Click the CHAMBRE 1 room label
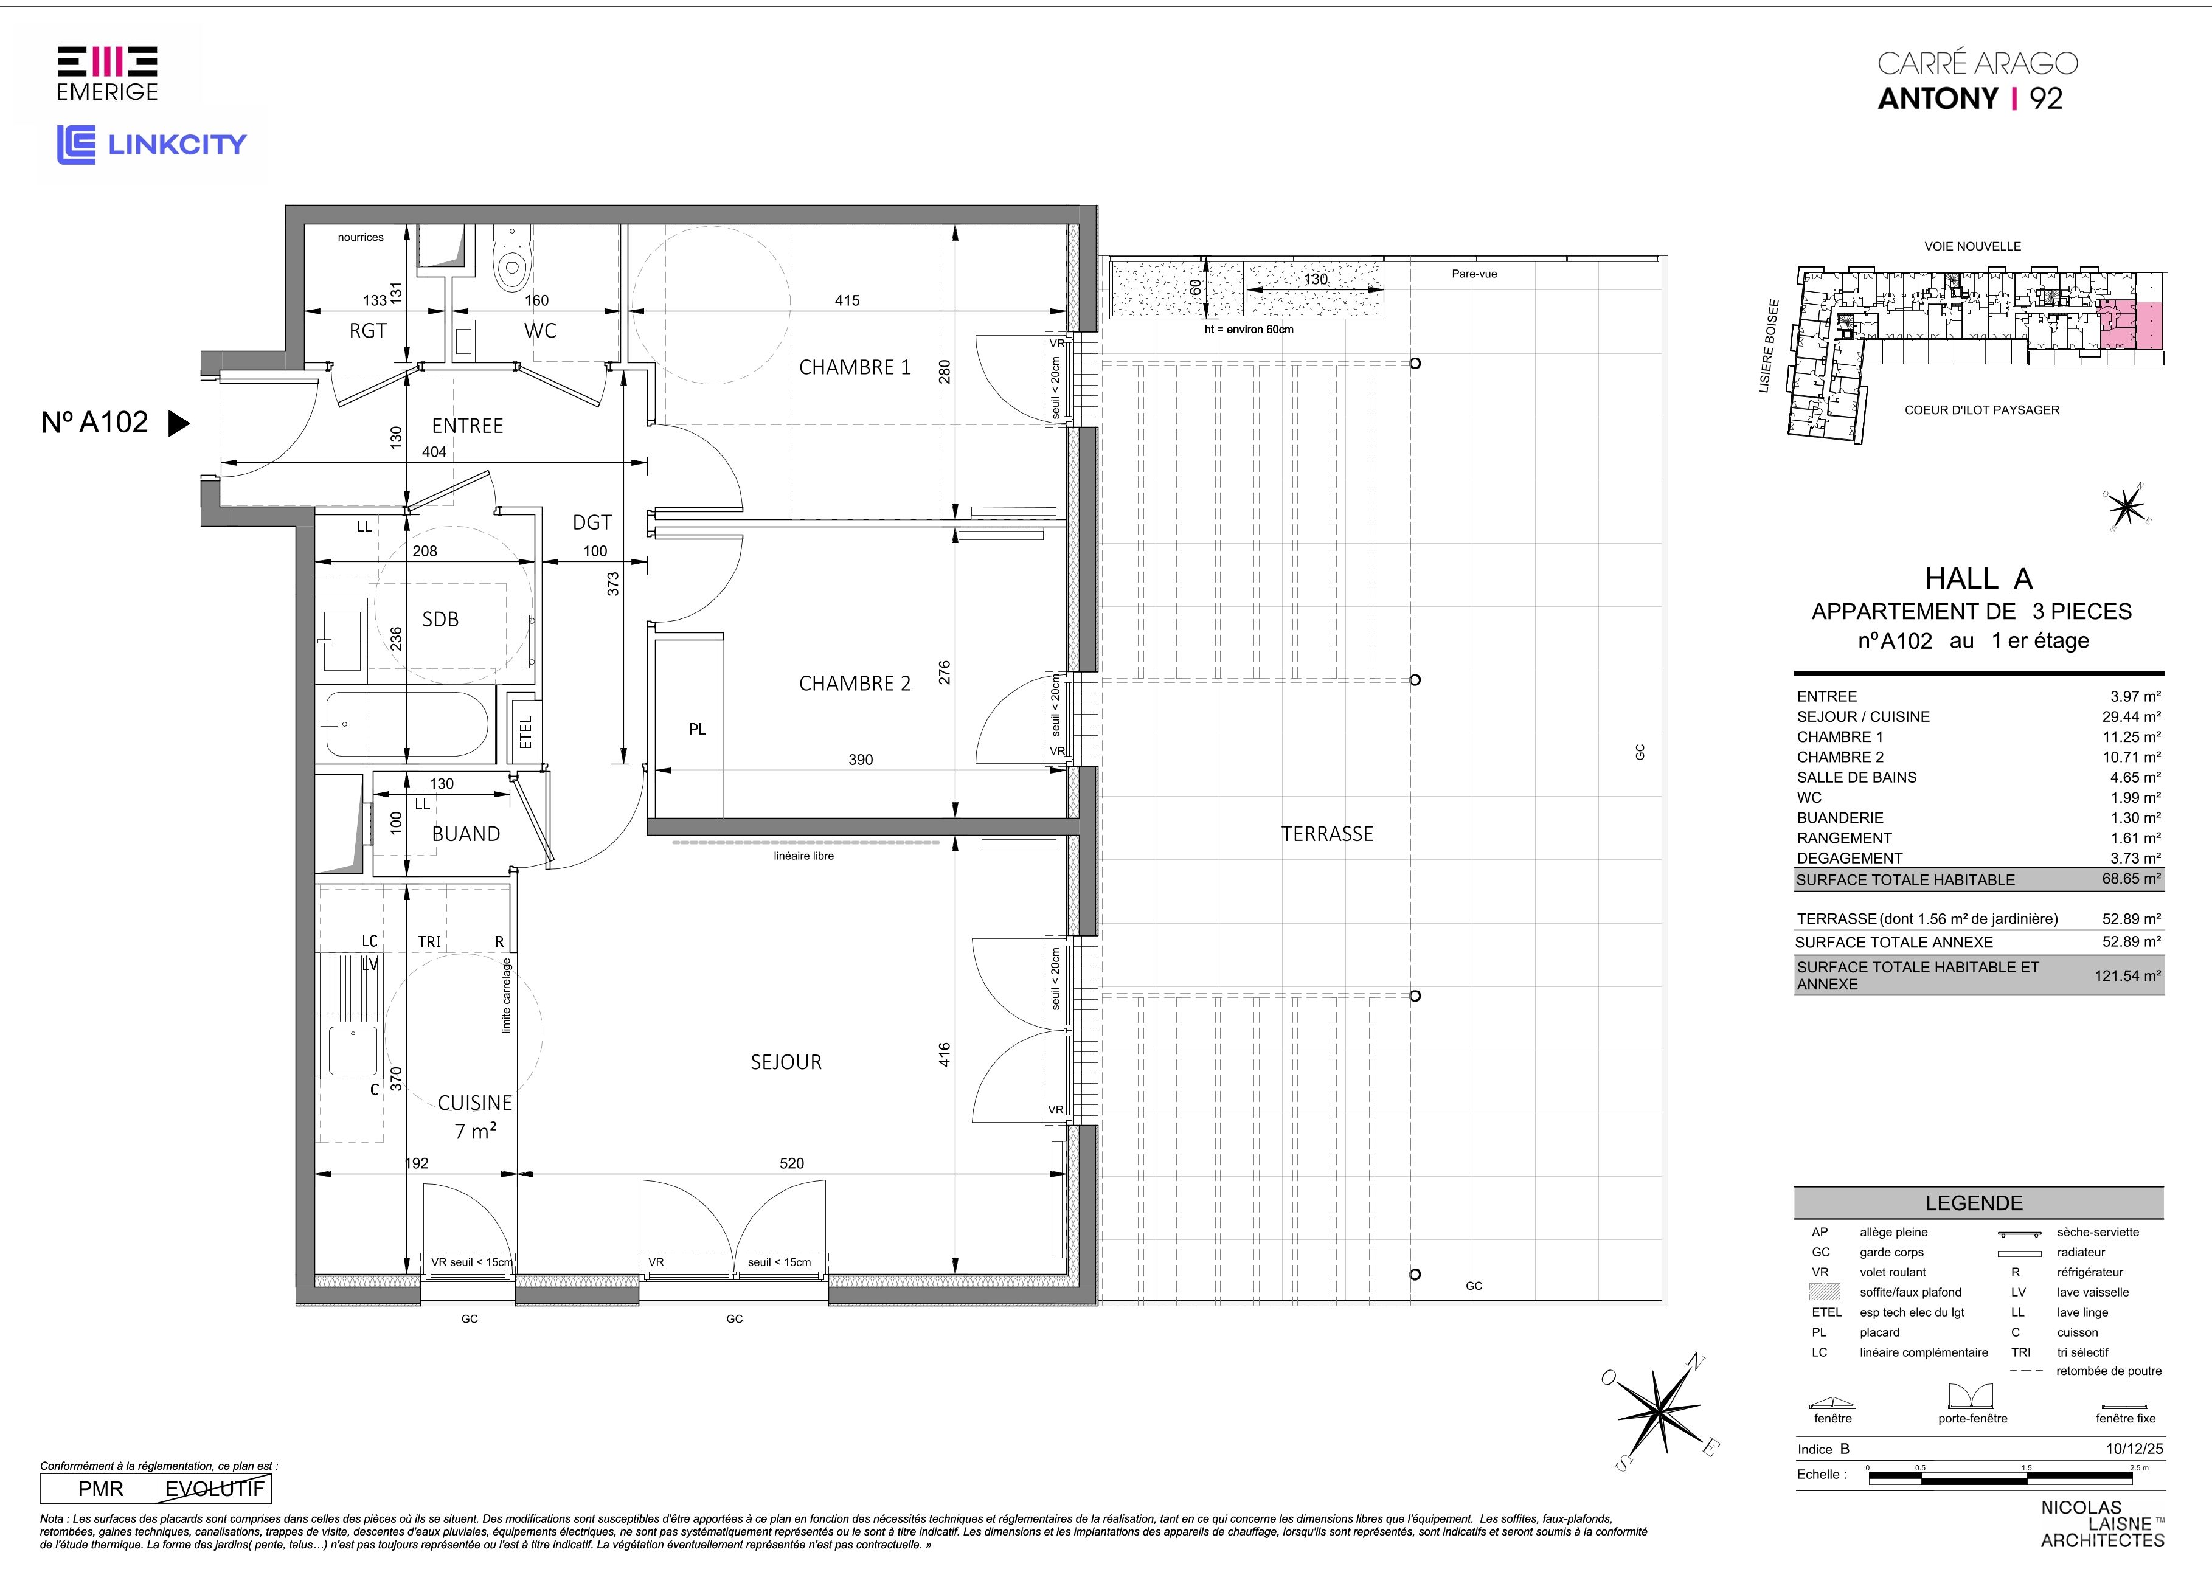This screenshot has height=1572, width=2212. pyautogui.click(x=854, y=367)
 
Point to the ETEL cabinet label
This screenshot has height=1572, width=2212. pyautogui.click(x=525, y=731)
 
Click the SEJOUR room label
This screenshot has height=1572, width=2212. pyautogui.click(x=786, y=1062)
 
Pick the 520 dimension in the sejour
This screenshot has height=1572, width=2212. pyautogui.click(x=792, y=1163)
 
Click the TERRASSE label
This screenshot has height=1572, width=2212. pyautogui.click(x=1326, y=833)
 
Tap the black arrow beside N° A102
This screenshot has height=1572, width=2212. pyautogui.click(x=179, y=423)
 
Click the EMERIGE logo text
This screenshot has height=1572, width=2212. pyautogui.click(x=108, y=92)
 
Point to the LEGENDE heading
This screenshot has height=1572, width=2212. pyautogui.click(x=1974, y=1203)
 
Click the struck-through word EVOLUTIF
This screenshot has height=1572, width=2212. pyautogui.click(x=214, y=1489)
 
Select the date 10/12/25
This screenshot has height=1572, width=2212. pyautogui.click(x=2134, y=1449)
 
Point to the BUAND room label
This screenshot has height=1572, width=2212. pyautogui.click(x=466, y=833)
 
